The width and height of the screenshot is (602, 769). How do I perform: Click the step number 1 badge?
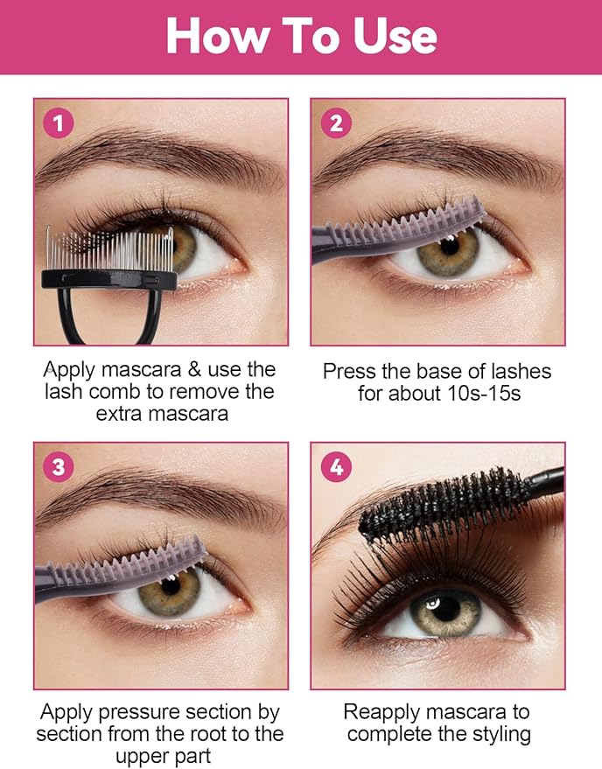(58, 123)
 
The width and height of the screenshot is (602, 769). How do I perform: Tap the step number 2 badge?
(336, 123)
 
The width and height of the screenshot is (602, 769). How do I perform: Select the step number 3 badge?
(58, 466)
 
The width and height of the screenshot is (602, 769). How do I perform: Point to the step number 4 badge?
(336, 467)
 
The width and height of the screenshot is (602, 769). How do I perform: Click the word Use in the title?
(395, 36)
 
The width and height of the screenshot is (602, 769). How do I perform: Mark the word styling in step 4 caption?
(499, 733)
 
